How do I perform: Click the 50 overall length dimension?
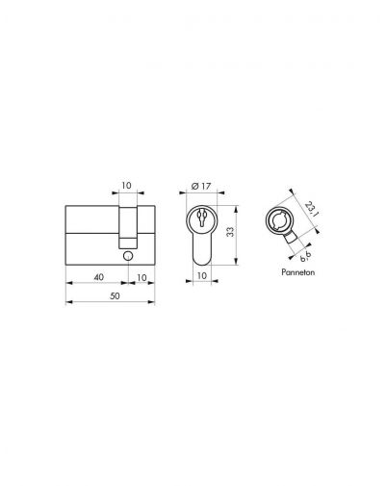pos(115,295)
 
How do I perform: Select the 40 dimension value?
pos(99,277)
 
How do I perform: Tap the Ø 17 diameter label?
pos(200,186)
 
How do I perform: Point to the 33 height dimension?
pos(230,232)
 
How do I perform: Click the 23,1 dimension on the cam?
pos(311,209)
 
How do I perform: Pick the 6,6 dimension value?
pos(305,257)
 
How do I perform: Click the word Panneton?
pos(298,272)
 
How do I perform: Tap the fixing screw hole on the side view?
pos(128,255)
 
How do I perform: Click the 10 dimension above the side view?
pos(126,186)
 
